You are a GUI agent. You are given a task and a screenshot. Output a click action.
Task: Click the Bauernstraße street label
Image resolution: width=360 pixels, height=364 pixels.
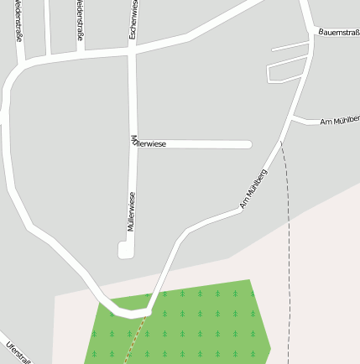(x=339, y=33)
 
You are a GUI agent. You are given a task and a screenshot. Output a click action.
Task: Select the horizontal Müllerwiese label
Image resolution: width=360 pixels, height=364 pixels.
(x=148, y=144)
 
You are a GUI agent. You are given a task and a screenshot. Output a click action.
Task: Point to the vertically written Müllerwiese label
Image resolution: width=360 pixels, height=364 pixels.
(x=131, y=211)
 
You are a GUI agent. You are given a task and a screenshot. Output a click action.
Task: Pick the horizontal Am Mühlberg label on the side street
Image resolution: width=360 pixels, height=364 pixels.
(x=339, y=122)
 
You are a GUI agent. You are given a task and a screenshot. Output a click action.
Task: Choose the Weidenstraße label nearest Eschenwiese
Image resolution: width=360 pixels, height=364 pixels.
(x=81, y=23)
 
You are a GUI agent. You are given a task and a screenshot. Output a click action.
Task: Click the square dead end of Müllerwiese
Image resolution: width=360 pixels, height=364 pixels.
(x=126, y=249)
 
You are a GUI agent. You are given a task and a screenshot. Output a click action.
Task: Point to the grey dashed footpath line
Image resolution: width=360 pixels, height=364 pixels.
(x=287, y=252)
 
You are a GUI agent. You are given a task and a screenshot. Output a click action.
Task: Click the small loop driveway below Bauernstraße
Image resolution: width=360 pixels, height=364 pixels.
(x=285, y=71)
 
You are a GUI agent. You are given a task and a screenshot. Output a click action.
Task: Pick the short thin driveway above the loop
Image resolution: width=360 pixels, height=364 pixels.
(x=290, y=46)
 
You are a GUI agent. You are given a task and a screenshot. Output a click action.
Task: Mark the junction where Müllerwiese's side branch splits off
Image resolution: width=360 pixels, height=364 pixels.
(x=132, y=144)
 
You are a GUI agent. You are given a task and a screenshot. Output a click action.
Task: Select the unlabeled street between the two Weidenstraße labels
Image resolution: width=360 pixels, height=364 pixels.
(x=49, y=29)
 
